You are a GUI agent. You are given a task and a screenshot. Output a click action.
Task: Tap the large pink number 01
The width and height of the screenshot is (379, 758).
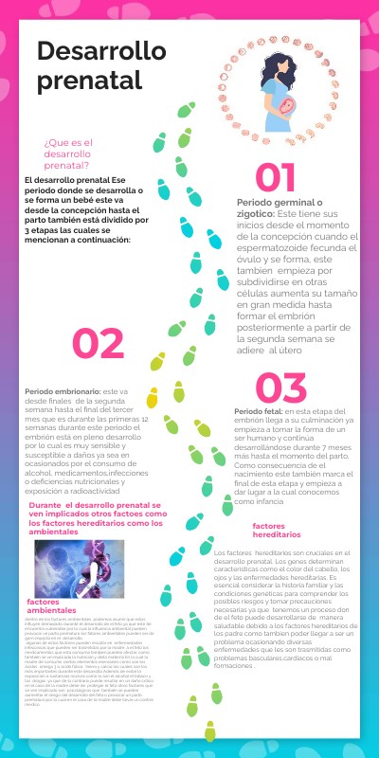point(269,177)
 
